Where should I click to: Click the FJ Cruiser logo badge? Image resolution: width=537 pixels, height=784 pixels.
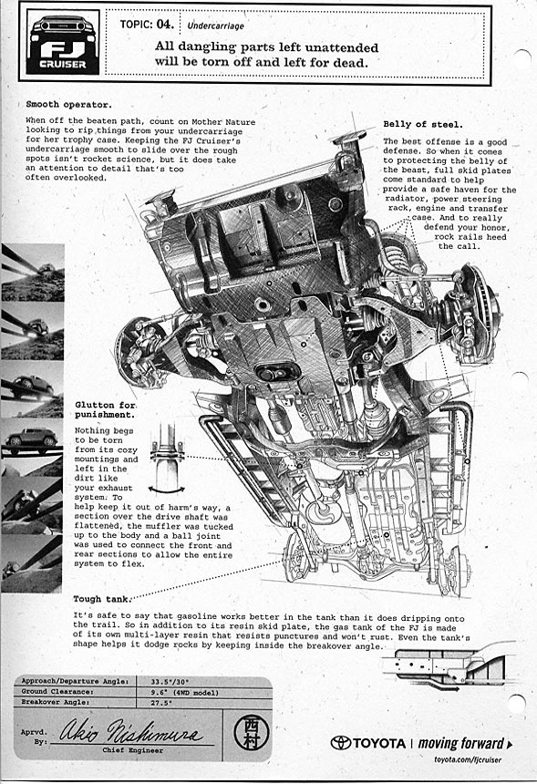click(x=63, y=43)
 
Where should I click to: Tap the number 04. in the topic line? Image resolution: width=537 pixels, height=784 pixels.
click(x=165, y=24)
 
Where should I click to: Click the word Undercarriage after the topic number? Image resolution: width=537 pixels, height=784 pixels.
click(x=215, y=26)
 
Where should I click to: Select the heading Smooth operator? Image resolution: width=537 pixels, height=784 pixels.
click(x=68, y=105)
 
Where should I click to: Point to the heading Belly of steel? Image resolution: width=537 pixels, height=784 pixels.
click(x=423, y=125)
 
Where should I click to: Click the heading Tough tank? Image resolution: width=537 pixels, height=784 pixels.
click(x=102, y=599)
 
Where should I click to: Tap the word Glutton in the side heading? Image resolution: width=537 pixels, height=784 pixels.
click(x=94, y=405)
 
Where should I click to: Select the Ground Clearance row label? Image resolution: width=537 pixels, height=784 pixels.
click(x=57, y=692)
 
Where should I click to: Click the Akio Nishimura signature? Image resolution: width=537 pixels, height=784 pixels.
click(x=131, y=731)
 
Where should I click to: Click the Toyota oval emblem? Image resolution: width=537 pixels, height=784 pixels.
click(x=340, y=742)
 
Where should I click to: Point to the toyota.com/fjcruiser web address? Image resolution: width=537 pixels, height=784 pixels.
click(x=468, y=760)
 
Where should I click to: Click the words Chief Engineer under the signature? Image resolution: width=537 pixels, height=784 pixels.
click(x=132, y=750)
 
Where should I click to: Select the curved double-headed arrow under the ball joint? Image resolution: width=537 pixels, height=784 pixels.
click(x=167, y=488)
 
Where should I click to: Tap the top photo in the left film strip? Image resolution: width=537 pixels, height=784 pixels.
click(x=33, y=273)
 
